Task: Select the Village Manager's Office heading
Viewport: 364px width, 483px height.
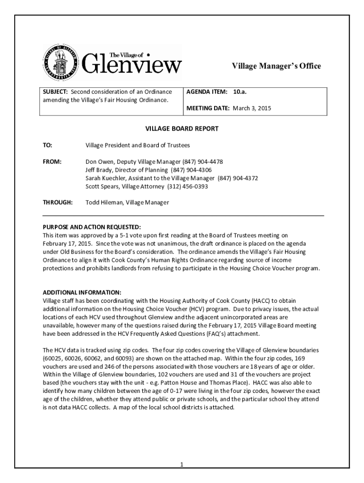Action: click(x=276, y=66)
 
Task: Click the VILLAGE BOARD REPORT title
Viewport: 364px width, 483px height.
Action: click(x=182, y=129)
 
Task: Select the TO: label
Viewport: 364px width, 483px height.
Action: click(x=47, y=145)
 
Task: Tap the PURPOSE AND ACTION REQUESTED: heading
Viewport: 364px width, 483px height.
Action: click(x=92, y=227)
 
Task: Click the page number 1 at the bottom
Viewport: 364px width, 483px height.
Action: click(x=181, y=465)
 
